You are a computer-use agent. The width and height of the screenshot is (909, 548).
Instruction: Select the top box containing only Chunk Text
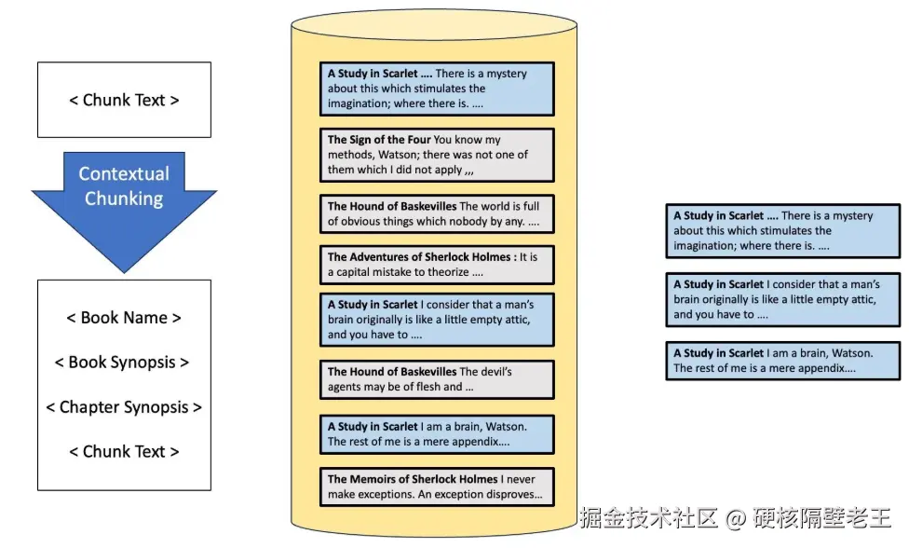(124, 100)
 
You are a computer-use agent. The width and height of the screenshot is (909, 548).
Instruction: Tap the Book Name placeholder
(124, 318)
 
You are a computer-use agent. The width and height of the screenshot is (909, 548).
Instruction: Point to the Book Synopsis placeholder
(124, 363)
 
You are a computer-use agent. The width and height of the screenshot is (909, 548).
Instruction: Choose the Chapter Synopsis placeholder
(124, 407)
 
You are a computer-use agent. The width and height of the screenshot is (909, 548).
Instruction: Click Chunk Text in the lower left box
(124, 452)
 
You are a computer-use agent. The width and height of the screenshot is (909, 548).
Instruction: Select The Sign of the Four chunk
(437, 155)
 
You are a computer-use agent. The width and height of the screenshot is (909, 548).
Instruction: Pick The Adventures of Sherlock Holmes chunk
(437, 265)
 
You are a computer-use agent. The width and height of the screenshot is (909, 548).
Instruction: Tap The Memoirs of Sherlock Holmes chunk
(437, 486)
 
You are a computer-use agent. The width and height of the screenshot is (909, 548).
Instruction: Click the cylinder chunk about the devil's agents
(437, 379)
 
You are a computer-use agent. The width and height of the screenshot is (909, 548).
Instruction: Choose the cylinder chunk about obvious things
(437, 213)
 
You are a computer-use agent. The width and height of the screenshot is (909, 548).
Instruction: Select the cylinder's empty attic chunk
(437, 320)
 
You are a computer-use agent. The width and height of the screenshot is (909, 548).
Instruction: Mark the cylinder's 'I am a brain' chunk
(437, 434)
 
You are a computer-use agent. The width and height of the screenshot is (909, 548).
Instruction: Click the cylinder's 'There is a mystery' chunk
(437, 89)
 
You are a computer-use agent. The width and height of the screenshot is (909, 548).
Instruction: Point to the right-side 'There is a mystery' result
(782, 231)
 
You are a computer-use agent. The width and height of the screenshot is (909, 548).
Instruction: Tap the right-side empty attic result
(782, 299)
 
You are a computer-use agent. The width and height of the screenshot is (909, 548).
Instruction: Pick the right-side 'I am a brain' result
(782, 361)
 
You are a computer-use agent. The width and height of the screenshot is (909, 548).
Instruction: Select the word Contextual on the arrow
(124, 174)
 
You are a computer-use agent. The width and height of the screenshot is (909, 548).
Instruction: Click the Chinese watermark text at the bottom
(735, 517)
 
